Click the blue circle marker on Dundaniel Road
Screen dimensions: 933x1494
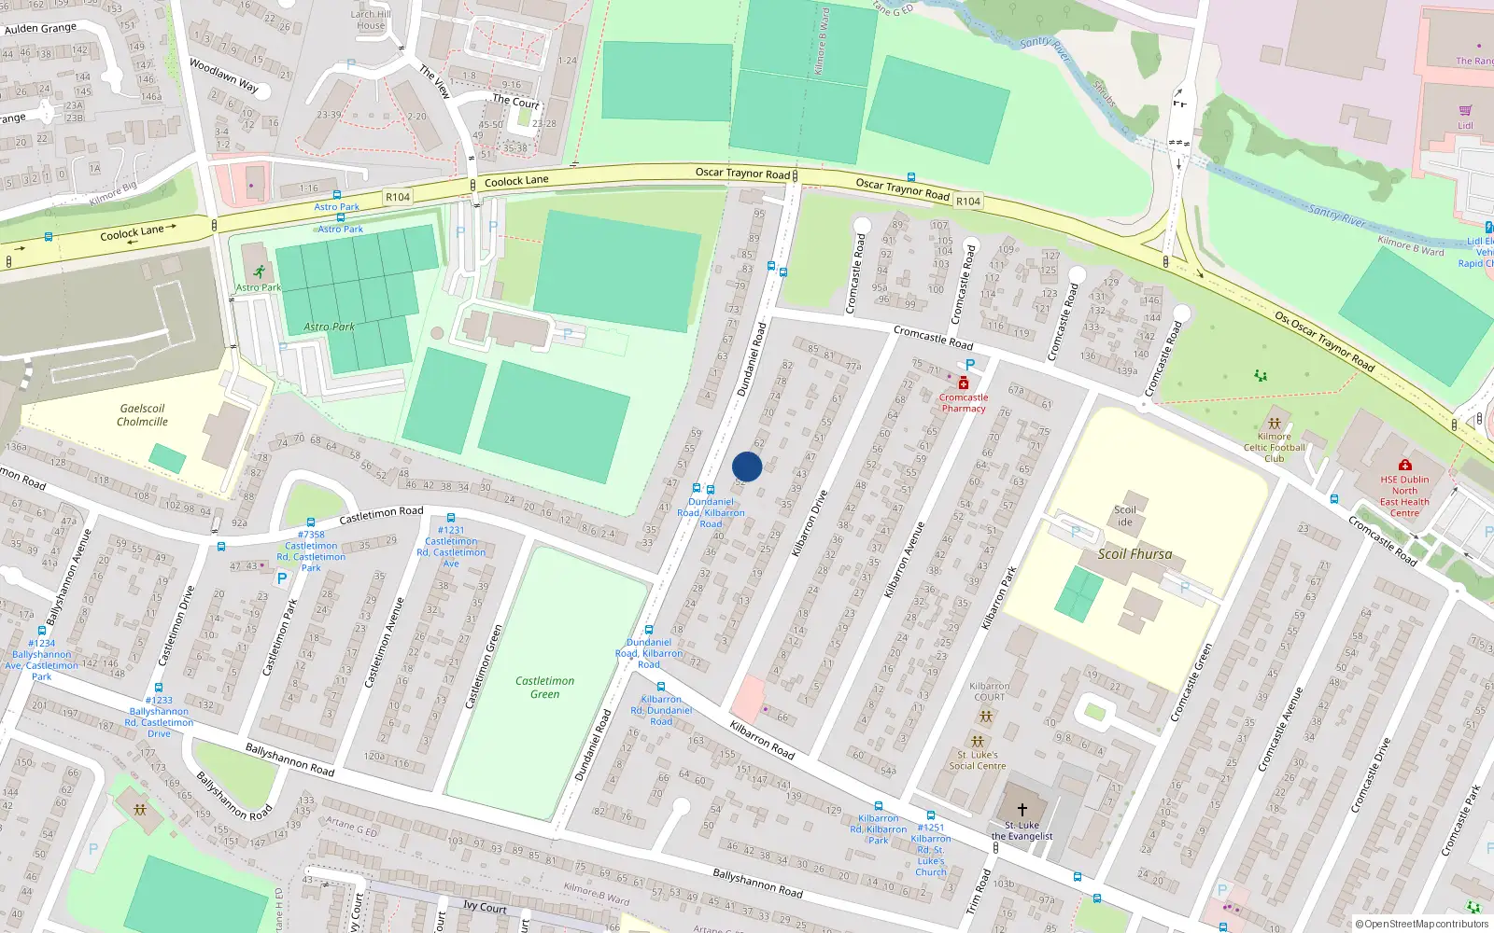pos(747,467)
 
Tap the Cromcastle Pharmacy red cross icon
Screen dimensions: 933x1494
pos(963,383)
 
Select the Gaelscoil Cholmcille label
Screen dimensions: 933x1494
pos(142,415)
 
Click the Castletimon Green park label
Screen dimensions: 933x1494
pos(544,688)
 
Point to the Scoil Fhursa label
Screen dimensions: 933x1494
pos(1135,554)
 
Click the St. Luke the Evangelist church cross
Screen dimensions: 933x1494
pos(1022,810)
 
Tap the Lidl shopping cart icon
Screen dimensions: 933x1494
pos(1465,110)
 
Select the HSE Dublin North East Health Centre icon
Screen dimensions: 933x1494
pos(1404,465)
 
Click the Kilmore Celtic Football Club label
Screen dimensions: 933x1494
pos(1274,447)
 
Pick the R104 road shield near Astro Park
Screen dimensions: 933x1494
pos(398,197)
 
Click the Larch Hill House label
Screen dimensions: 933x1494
pos(371,20)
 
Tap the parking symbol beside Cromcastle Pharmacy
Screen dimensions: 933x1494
pos(970,365)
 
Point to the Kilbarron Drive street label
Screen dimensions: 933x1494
pos(810,523)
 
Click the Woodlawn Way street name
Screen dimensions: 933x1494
pos(224,76)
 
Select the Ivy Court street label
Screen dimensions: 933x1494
pos(485,907)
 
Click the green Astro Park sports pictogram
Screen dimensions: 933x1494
pos(259,272)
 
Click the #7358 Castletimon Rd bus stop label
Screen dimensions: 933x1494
pos(311,551)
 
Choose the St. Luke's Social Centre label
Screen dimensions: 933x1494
pos(978,760)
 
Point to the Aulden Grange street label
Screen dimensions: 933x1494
pos(40,28)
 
